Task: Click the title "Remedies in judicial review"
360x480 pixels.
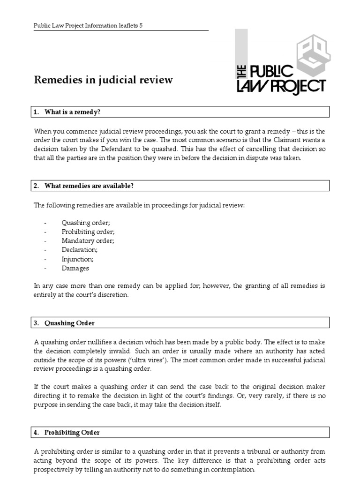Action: click(103, 80)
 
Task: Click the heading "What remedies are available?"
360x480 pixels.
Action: click(89, 186)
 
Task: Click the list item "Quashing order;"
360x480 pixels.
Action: click(85, 223)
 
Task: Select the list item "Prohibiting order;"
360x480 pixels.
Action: click(88, 232)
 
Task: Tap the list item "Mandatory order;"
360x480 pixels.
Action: click(88, 241)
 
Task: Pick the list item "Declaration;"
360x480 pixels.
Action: click(80, 250)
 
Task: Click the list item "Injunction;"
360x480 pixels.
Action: click(77, 259)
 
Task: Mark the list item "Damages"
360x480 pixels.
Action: click(75, 269)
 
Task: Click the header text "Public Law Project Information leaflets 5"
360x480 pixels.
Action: click(88, 26)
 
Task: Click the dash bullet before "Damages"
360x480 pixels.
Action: click(45, 269)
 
